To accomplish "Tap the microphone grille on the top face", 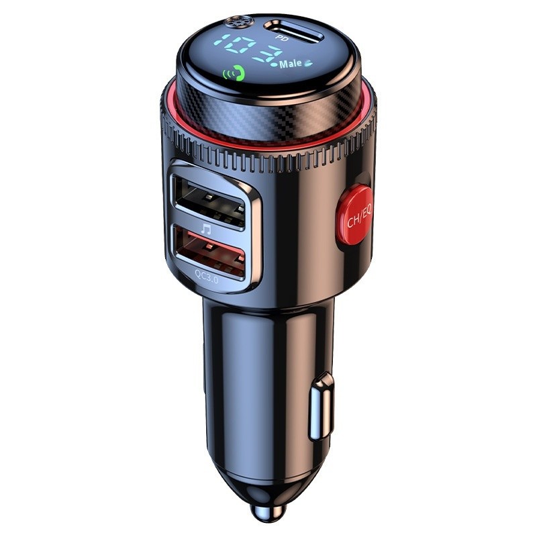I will coord(236,23).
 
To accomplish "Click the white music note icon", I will coord(206,228).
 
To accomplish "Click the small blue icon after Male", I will coord(309,64).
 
